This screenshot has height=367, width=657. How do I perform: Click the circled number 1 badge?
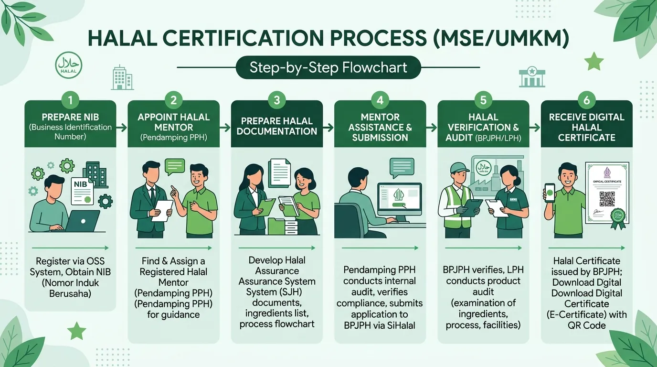point(70,100)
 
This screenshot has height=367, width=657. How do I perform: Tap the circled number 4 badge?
point(380,100)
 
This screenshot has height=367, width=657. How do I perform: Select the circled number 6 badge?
point(586,100)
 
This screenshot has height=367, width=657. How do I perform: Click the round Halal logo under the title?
point(69,65)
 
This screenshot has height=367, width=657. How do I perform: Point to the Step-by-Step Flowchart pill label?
point(328,67)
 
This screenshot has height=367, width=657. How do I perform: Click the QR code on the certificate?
point(607,199)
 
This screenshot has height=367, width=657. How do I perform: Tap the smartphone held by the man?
point(550,193)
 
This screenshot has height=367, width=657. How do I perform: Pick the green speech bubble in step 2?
point(175,166)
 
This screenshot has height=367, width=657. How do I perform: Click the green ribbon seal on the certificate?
point(618,218)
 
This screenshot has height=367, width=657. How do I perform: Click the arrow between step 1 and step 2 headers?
point(122,128)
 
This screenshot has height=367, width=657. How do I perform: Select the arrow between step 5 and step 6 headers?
point(535,128)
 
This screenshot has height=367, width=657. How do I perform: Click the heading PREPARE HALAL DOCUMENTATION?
point(277,126)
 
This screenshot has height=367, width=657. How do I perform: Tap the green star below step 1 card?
point(77,331)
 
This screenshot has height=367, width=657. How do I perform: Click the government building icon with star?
point(532,77)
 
